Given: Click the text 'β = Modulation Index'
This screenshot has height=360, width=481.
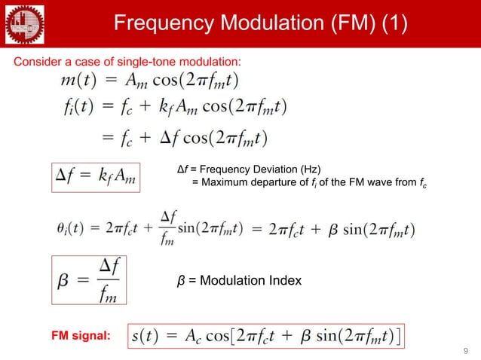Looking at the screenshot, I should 239,281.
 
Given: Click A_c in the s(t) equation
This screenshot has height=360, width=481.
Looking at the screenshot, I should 197,334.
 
